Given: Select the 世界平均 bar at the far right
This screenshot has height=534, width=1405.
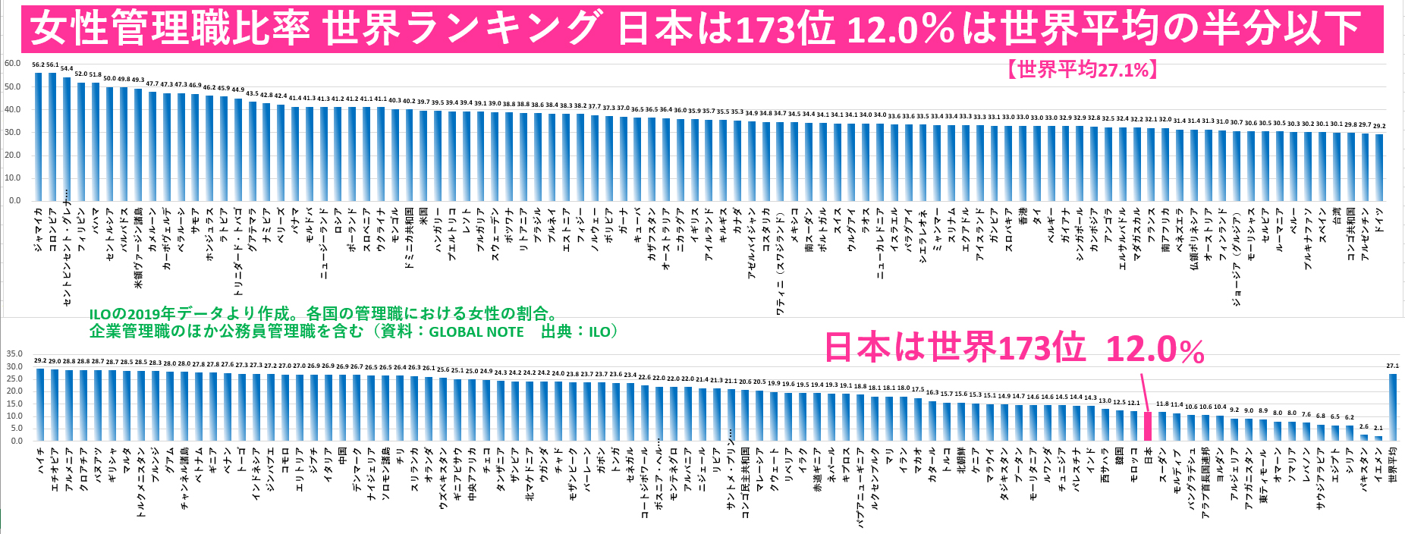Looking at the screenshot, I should click(1392, 407).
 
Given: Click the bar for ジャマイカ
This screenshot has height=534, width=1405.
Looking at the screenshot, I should click(39, 137).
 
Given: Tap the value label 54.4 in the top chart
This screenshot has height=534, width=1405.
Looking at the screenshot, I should click(67, 69).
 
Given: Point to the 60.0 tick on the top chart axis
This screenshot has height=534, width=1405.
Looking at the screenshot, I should click(12, 64).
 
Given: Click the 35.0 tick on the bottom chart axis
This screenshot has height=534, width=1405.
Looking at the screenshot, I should click(14, 354).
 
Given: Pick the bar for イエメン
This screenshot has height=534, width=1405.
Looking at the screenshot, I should click(1378, 438).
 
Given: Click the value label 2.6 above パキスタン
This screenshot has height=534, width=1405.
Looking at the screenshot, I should click(1364, 427).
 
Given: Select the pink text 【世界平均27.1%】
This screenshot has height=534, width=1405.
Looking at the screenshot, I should click(1081, 70).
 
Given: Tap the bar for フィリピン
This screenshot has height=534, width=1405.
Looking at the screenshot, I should click(81, 141).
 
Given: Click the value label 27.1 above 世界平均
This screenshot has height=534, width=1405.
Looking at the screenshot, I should click(1393, 366).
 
